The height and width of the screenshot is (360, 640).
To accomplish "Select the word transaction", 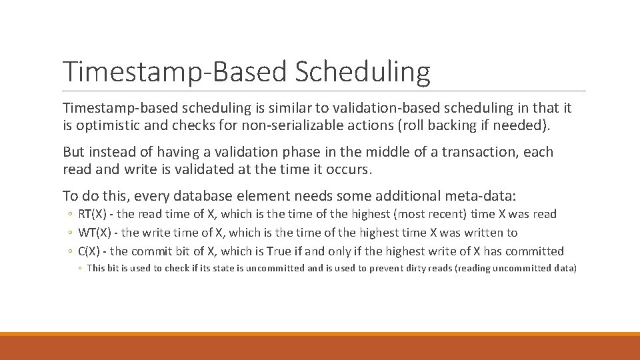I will [x=477, y=152].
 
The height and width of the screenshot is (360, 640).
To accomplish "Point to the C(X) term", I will [x=91, y=251].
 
